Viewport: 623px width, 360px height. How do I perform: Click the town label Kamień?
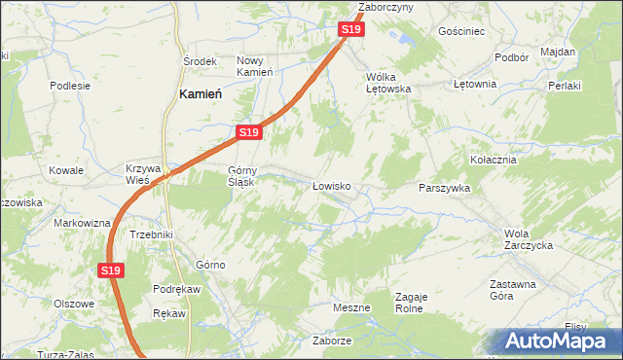pos(202,94)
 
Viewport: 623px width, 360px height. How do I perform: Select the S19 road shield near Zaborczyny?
pos(352,30)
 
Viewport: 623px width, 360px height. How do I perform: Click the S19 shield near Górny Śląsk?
pos(248,132)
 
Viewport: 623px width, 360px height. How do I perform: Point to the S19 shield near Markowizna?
pos(110,270)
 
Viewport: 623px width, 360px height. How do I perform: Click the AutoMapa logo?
pos(558,342)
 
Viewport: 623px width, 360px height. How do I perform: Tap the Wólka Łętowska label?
pos(388,83)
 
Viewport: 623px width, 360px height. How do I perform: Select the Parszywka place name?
pos(445,188)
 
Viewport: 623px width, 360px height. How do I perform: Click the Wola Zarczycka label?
pos(529,239)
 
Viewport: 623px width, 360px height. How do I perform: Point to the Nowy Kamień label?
pos(255,66)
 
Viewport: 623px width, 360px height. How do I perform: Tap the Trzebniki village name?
pos(151,234)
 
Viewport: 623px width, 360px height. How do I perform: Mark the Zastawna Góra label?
pos(512,291)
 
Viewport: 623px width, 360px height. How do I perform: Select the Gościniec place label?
pos(461,31)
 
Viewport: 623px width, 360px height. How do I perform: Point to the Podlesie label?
pos(70,85)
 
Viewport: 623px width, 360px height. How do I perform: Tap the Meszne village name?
pos(351,308)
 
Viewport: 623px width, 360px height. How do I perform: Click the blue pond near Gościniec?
pos(400,40)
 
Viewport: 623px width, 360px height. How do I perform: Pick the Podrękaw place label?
pos(176,289)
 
